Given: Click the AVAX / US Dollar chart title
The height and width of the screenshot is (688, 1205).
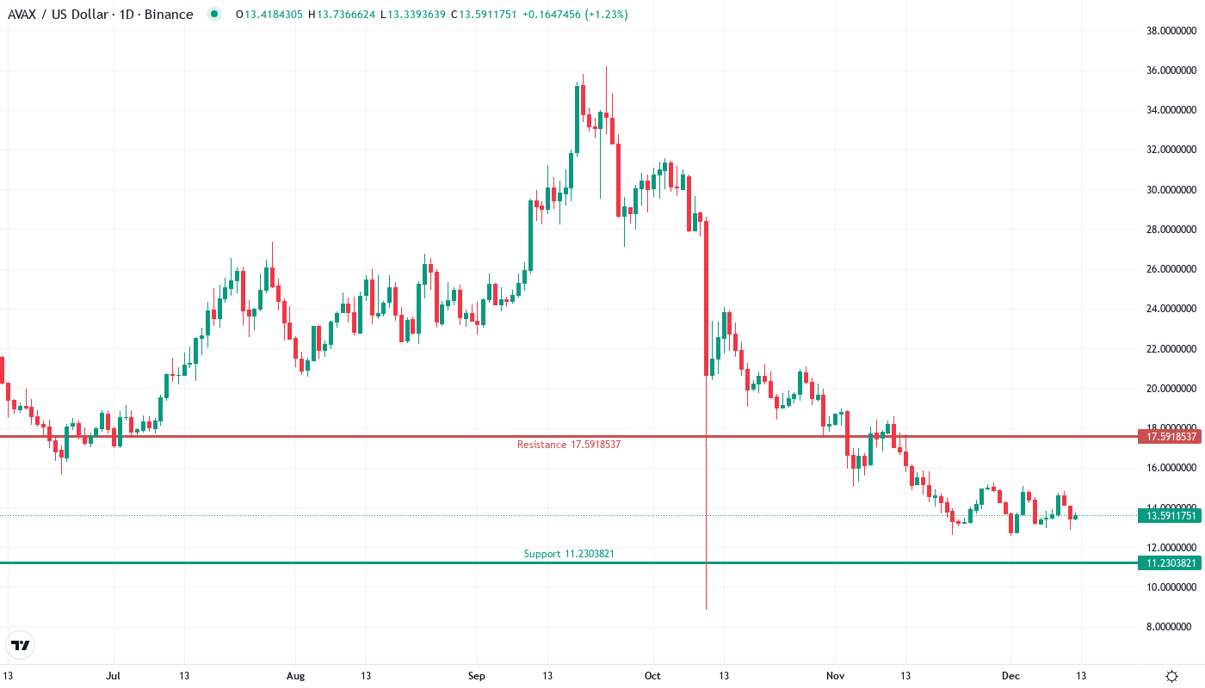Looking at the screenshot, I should pos(100,15).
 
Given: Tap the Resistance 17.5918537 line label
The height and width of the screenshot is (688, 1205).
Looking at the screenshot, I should pos(568,445).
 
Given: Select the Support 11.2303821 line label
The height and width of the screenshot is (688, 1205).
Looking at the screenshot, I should pos(569,554).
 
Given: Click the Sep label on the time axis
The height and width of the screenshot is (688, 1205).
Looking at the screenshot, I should pos(477,676).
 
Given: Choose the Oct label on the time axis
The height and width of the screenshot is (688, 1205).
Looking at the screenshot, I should pos(652,676).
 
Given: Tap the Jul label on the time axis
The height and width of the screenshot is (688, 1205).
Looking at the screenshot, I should pos(113,676).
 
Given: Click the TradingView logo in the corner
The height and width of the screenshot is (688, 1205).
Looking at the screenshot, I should pos(21,645).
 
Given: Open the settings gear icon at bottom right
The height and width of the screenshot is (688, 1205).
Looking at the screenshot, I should pos(1171,676).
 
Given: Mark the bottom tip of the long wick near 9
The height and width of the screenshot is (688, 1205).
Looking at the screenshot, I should pos(707,609).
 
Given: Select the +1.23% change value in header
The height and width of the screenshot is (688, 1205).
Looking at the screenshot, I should pos(608,15).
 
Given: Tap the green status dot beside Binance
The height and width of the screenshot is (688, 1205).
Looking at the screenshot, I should pos(214,14).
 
